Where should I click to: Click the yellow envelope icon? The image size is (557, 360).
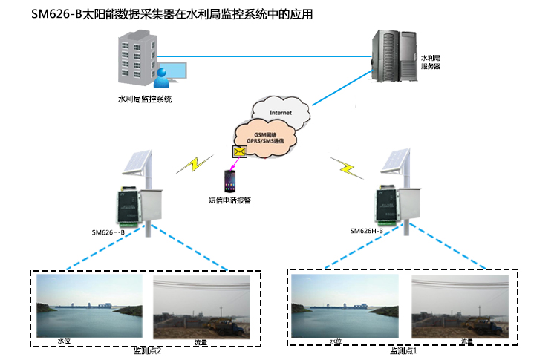239,151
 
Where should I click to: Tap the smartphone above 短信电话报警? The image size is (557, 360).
229,180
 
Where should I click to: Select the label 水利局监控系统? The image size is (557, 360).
145,99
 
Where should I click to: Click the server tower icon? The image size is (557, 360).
393,56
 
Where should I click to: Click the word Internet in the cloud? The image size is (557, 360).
280,113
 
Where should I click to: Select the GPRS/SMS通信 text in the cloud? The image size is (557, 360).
265,140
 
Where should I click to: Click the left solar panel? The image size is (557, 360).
138,163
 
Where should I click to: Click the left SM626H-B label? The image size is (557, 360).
108,232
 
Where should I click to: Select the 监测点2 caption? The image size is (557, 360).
146,350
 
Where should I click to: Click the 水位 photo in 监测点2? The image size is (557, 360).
91,307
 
